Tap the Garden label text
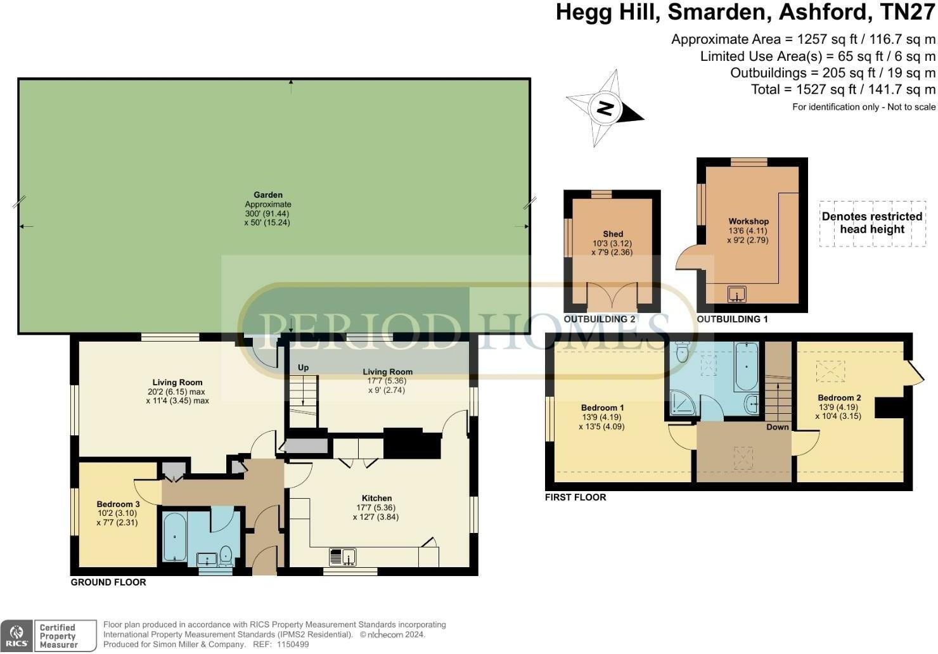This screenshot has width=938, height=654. [x=268, y=195]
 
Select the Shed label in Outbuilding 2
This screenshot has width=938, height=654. [x=613, y=234]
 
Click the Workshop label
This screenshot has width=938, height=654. [x=748, y=221]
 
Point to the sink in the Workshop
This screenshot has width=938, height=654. [x=736, y=294]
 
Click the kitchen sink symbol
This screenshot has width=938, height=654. [x=342, y=557]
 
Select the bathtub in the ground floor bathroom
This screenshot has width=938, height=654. [x=174, y=537]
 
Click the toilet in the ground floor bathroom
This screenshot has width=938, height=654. [x=226, y=556]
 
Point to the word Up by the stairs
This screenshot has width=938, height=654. [x=303, y=368]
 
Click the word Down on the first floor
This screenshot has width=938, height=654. [x=777, y=427]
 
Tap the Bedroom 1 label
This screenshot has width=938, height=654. [x=603, y=407]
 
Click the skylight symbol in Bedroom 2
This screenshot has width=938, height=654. [x=830, y=371]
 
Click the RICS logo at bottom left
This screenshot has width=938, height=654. [x=17, y=636]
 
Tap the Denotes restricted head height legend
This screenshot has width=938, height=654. [x=872, y=223]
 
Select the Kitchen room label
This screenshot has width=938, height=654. [x=376, y=498]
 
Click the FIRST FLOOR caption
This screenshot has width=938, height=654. [x=575, y=497]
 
